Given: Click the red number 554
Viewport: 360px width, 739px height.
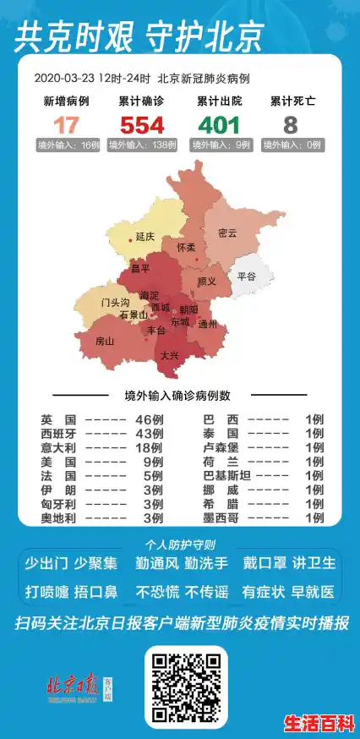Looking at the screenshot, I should click(142, 124).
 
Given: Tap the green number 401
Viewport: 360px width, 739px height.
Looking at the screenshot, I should click(218, 124).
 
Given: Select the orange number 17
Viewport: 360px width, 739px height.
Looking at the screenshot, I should click(66, 124).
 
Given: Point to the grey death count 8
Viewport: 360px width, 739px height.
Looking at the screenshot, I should click(291, 124).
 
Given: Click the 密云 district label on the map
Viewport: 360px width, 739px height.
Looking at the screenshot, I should click(227, 233).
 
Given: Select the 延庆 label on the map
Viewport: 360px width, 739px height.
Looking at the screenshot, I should click(145, 238).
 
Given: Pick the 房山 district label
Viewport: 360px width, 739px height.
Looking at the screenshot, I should click(104, 342).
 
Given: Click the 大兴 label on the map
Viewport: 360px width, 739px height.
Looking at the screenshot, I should click(169, 355).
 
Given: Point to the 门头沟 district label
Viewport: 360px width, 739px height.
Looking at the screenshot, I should click(114, 302).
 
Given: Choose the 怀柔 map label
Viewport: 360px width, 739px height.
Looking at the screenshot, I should click(186, 248).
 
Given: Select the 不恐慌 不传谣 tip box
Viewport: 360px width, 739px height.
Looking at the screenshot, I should click(181, 592).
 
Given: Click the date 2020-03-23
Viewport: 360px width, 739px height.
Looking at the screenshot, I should click(64, 78).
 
